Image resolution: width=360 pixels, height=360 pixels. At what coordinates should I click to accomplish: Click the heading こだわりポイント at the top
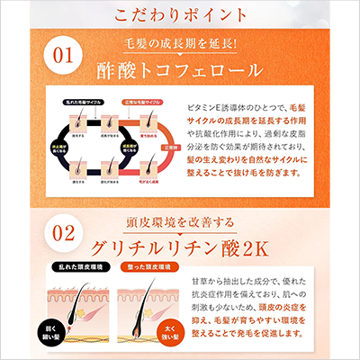179,15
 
